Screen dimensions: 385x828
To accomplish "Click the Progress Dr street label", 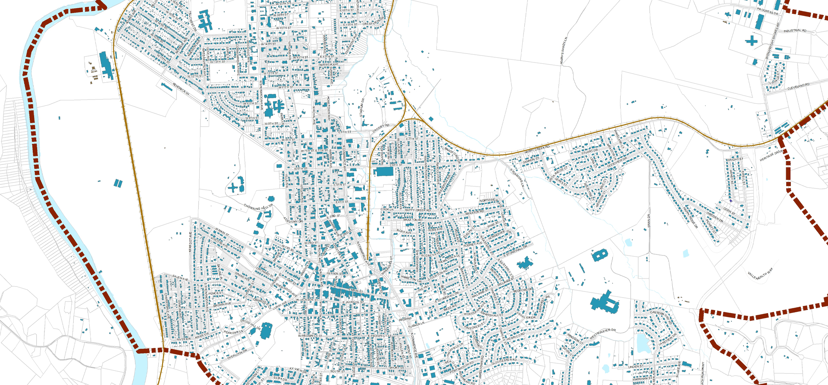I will point(768,11).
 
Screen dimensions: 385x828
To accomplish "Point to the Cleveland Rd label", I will point(798,87).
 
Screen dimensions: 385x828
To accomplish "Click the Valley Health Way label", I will point(760,273).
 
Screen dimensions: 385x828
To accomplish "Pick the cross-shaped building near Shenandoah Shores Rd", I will point(751,41).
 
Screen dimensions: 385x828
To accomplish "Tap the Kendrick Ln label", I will point(181,89).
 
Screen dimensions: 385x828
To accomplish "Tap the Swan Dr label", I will point(649,221).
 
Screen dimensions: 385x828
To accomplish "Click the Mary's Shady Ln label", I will point(564,51).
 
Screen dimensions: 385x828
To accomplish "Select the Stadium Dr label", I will point(362,107).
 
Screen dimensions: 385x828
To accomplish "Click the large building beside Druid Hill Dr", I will point(266,330).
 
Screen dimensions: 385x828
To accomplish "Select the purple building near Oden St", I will point(731,200).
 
